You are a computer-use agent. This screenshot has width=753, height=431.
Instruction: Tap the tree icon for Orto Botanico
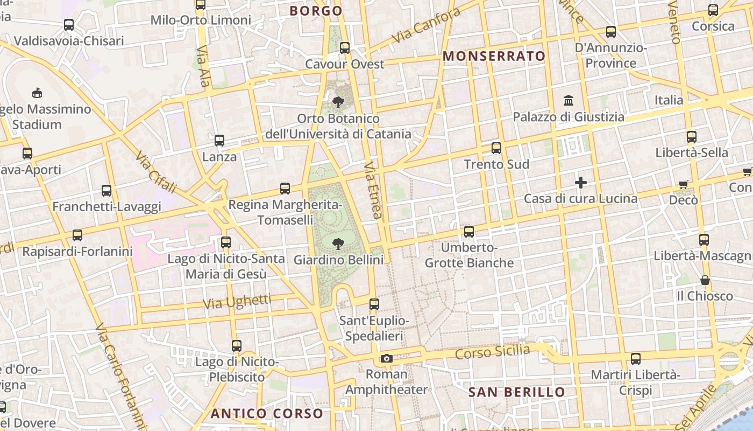tap(338, 102)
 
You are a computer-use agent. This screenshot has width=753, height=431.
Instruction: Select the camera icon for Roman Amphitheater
tap(386, 358)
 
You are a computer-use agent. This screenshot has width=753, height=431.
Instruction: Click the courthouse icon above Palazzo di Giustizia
tap(569, 101)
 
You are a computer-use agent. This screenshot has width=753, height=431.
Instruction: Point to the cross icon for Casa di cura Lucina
tap(581, 183)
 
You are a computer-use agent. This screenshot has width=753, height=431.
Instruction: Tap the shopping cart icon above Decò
tap(684, 185)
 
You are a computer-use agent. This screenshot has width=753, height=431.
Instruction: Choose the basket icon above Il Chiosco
tap(705, 280)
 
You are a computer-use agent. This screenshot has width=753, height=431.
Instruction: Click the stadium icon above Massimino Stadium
tap(37, 93)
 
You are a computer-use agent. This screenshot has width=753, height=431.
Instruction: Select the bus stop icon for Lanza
tap(219, 141)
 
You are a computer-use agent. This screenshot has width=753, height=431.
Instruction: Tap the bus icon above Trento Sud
tap(496, 148)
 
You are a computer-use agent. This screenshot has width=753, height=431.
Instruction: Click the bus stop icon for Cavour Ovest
tap(345, 48)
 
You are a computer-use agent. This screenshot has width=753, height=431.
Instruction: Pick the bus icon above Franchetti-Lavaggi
tap(106, 190)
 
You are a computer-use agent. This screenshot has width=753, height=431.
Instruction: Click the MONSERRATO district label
tap(494, 56)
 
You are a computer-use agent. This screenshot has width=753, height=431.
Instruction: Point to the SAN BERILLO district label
tap(517, 392)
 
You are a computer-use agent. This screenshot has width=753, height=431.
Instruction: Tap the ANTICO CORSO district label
tap(267, 414)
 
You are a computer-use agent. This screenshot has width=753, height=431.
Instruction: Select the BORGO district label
tap(316, 11)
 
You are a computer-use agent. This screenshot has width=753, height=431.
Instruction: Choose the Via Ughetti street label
tap(237, 302)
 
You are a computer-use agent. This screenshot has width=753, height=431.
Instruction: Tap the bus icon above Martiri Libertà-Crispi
tap(635, 358)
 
